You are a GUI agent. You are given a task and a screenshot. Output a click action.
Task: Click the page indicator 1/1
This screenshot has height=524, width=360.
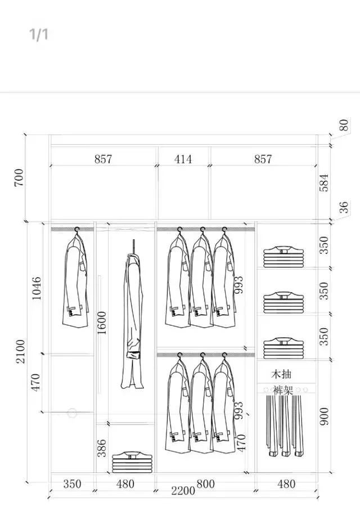(x=39, y=34)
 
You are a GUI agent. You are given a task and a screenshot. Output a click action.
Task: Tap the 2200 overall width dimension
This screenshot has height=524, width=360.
(x=183, y=491)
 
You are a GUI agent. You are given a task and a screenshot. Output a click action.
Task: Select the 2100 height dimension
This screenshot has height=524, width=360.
(x=20, y=351)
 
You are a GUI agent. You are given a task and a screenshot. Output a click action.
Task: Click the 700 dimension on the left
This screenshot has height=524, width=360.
(x=20, y=178)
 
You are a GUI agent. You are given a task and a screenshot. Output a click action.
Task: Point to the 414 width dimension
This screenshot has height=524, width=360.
(x=183, y=159)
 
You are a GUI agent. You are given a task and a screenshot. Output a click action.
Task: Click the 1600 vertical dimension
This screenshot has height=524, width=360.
(x=102, y=323)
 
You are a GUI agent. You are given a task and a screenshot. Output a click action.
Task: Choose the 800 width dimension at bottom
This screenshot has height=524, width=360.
(x=206, y=483)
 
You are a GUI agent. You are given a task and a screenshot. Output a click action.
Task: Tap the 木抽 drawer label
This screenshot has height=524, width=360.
(x=281, y=374)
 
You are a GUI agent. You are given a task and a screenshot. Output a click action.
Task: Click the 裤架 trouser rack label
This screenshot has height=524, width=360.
(x=283, y=389)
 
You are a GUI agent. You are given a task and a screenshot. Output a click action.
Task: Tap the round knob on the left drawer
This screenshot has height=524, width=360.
(x=71, y=413)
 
